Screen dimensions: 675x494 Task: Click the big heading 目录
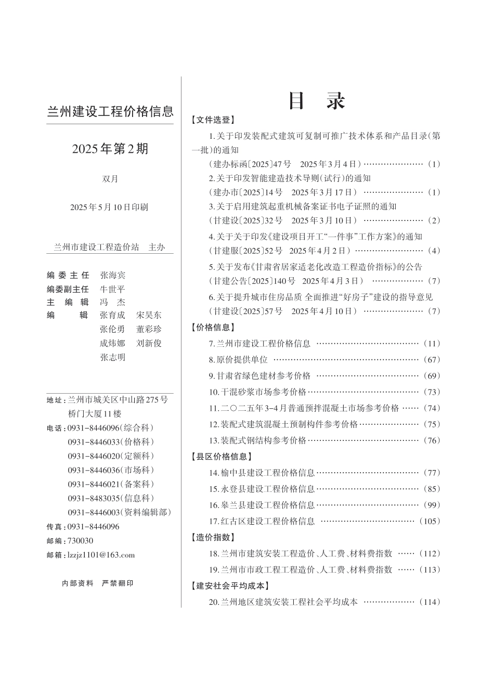317,101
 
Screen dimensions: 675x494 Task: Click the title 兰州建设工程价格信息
110,112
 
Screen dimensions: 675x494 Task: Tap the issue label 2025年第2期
110,149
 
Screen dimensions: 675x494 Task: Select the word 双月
110,179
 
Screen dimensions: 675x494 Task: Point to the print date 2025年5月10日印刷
109,207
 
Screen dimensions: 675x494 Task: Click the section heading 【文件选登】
213,120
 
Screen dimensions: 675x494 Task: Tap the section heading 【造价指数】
213,537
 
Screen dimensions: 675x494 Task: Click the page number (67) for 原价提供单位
432,359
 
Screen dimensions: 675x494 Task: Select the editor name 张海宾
113,275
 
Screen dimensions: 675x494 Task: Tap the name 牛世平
113,289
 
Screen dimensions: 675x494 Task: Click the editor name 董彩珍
149,329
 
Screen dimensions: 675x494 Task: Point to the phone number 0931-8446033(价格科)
111,442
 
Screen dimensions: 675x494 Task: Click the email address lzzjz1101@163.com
101,555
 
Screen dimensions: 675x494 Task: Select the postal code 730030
81,541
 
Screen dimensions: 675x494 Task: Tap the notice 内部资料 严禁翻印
97,583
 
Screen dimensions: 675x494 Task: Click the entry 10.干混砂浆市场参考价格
258,392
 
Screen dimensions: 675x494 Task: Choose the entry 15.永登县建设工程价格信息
262,489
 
